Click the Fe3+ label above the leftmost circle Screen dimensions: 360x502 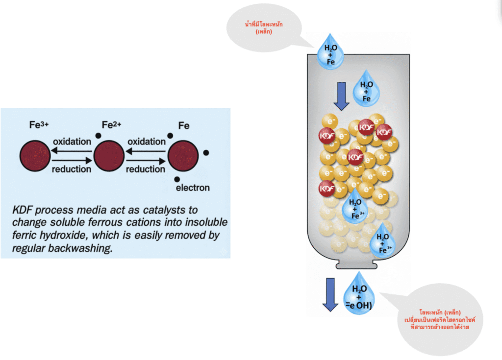tap(38, 125)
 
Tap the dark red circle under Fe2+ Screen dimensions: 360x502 tap(109, 156)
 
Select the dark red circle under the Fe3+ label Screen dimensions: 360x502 tap(35, 156)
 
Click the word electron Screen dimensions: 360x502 tap(193, 188)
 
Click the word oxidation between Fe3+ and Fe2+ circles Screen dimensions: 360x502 tap(72, 142)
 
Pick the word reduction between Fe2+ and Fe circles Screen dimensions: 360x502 tap(145, 169)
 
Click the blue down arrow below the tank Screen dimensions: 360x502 tap(329, 294)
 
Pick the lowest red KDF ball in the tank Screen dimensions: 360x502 tap(326, 188)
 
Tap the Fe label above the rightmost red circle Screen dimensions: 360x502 tap(184, 125)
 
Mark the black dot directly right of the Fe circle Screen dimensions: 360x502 tap(206, 153)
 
